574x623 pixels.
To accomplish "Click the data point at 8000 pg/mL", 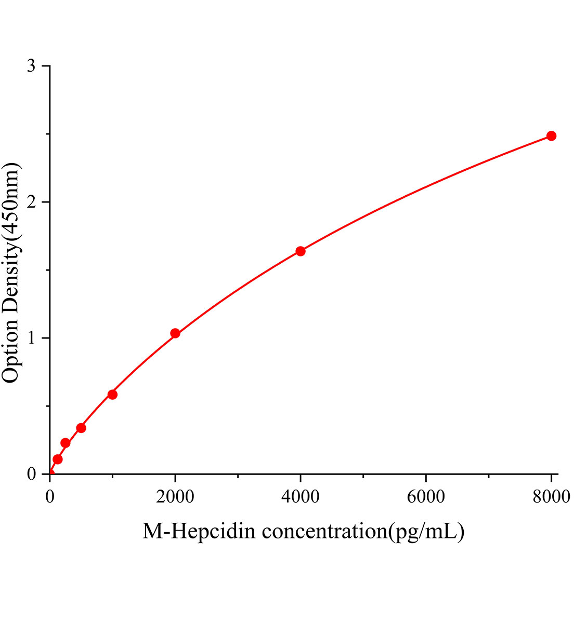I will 551,136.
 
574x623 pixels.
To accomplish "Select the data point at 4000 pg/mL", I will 301,251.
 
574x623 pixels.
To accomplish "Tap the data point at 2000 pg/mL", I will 175,333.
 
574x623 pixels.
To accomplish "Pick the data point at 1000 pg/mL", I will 112,395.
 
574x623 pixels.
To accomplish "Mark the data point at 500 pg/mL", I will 81,428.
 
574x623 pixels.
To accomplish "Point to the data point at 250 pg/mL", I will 66,443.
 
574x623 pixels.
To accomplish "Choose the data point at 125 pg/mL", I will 58,459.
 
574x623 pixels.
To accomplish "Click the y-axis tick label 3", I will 32,66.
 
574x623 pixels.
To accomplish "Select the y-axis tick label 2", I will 32,202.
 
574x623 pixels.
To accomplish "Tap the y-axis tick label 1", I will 32,338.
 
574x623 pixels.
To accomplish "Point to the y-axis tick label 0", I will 32,474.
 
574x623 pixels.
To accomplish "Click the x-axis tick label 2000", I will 175,497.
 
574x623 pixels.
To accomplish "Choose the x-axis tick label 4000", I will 301,497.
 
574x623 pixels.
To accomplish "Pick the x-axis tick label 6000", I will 426,497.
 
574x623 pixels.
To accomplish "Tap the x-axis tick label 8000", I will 551,497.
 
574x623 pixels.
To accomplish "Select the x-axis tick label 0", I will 50,497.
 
